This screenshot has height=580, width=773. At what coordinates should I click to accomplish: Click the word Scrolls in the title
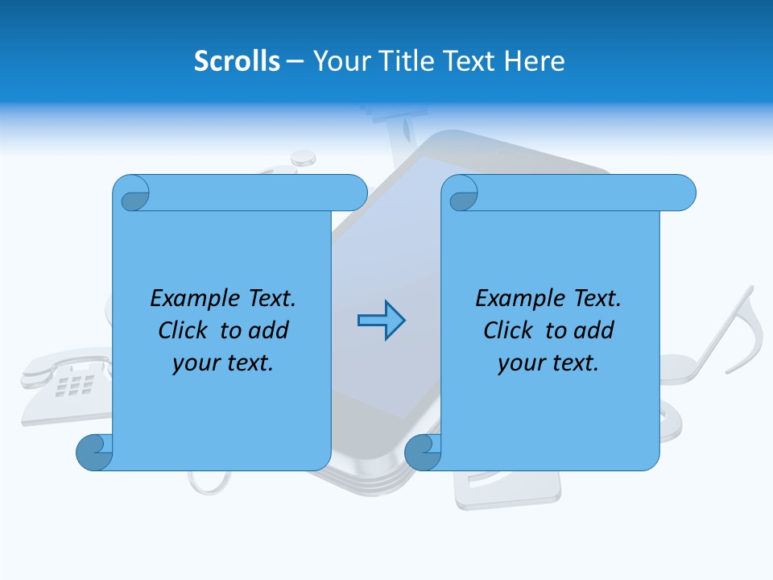pyautogui.click(x=237, y=61)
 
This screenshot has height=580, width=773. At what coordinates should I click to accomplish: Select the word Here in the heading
pyautogui.click(x=535, y=61)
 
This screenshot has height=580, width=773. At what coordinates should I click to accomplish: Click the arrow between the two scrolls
pyautogui.click(x=381, y=321)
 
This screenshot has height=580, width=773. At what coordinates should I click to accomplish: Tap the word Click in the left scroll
pyautogui.click(x=183, y=330)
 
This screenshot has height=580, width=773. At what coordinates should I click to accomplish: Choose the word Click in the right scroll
pyautogui.click(x=508, y=330)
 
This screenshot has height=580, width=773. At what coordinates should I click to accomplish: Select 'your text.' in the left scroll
pyautogui.click(x=223, y=362)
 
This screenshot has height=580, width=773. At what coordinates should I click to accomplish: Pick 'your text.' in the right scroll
pyautogui.click(x=548, y=362)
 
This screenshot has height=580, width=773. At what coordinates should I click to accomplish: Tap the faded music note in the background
pyautogui.click(x=729, y=338)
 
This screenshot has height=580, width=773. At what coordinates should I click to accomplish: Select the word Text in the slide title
pyautogui.click(x=469, y=61)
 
